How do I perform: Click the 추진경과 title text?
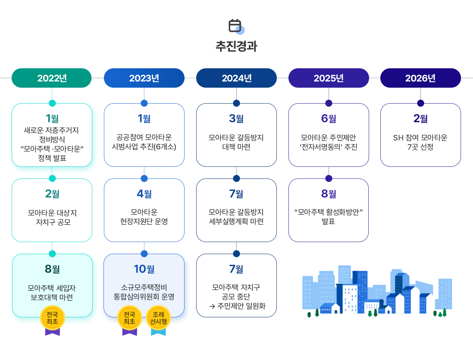click(236, 46)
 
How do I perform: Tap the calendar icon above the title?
click(235, 26)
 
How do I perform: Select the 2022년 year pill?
click(52, 78)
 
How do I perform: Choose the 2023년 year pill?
click(144, 78)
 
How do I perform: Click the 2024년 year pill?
click(236, 78)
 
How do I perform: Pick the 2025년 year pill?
click(329, 78)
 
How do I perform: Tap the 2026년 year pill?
click(421, 78)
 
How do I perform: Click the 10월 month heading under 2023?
click(144, 268)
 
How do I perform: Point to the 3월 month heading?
click(236, 118)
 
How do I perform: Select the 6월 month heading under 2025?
click(329, 118)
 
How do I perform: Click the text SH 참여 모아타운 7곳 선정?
click(421, 142)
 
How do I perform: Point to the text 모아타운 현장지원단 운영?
click(144, 217)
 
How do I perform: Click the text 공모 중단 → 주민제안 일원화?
click(236, 301)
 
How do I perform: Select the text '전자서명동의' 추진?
click(329, 147)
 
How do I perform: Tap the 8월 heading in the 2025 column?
click(329, 194)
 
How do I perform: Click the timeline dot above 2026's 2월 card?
click(421, 103)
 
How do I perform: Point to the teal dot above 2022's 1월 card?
click(52, 103)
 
